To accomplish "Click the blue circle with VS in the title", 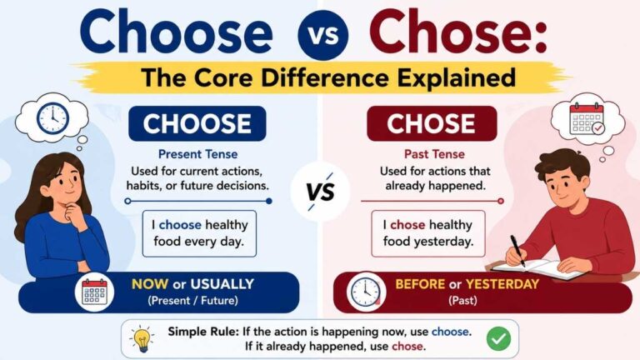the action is tap(322, 35).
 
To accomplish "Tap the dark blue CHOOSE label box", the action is tap(197, 123).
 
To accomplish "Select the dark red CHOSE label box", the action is tap(432, 123).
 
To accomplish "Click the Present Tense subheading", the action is tap(198, 154).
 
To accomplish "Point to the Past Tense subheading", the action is tap(434, 154).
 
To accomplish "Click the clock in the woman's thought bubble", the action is tap(52, 118).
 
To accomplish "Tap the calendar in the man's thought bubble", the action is tap(587, 118).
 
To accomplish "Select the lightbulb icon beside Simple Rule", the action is tap(142, 339).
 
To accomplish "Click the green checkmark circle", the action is tap(499, 339).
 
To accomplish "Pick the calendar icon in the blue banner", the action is tap(94, 292).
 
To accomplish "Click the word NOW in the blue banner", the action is tap(150, 284).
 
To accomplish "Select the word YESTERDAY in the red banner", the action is tap(502, 284).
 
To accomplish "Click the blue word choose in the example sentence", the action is tap(180, 225).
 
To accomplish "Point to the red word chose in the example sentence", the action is tap(407, 225).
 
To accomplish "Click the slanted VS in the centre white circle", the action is tap(321, 192).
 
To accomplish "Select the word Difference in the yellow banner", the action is tap(325, 77).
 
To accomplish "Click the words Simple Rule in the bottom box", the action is tap(203, 332).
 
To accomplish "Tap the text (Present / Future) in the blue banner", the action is tap(193, 301).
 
